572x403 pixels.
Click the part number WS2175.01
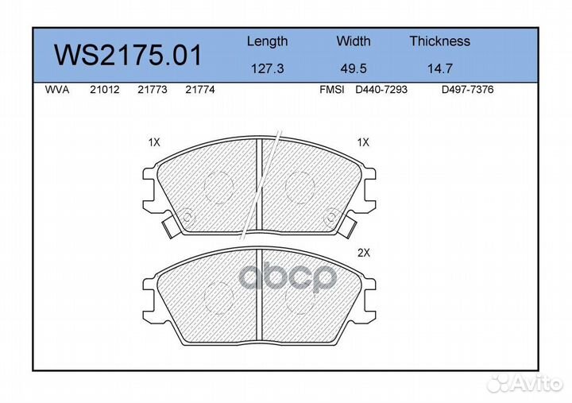pos(128,56)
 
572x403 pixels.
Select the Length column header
pos(267,41)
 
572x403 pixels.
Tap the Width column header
pos(353,41)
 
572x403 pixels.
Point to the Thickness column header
pos(439,41)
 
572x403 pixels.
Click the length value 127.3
pos(267,68)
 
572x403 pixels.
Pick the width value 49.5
pos(353,68)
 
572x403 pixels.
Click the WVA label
pos(57,91)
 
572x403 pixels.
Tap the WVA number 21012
pos(104,91)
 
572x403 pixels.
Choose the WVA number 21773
pos(152,91)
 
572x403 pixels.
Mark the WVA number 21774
pos(199,91)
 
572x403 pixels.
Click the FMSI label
pos(331,91)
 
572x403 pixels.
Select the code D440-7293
pos(381,91)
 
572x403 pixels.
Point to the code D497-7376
pos(467,91)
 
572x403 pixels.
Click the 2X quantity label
pos(365,254)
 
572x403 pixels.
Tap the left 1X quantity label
pos(154,143)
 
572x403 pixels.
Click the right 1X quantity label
pos(363,143)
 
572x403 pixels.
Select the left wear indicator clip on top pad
pos(169,227)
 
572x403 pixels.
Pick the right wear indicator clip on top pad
pos(349,227)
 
